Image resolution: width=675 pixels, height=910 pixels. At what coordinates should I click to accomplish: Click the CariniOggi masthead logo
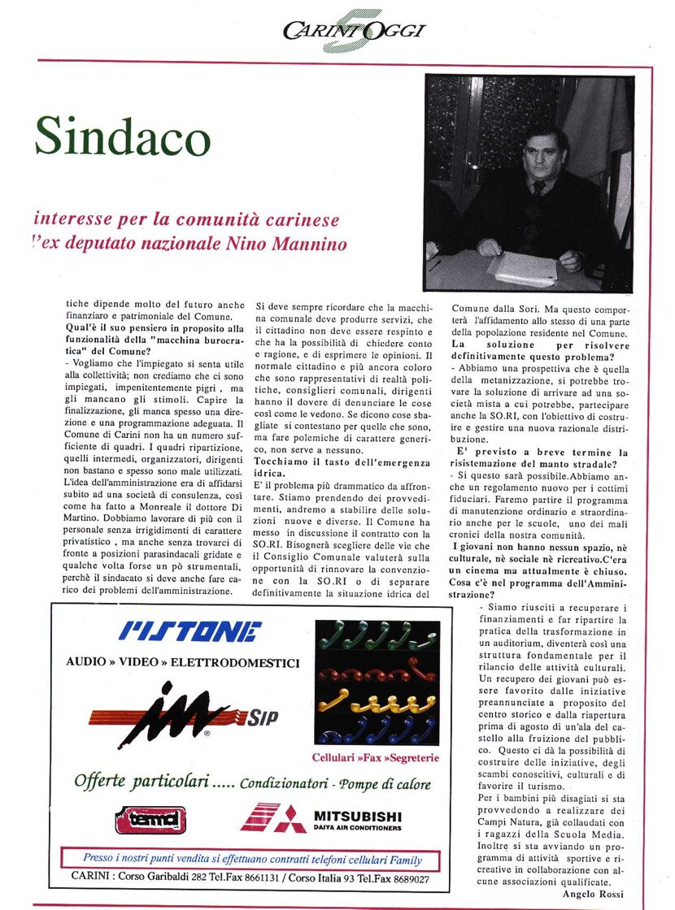coord(355,31)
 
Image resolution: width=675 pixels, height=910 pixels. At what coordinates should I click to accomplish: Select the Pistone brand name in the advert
coord(191,630)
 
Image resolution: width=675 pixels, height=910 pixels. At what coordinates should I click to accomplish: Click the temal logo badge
coord(150,819)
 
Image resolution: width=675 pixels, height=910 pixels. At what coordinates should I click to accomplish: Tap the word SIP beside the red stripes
coord(263,717)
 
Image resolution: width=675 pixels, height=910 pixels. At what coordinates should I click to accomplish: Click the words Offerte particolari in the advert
coord(137,782)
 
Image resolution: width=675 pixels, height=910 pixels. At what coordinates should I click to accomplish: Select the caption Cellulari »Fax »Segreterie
coord(376,758)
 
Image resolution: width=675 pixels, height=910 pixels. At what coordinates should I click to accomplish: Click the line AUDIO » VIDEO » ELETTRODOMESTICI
coord(182,662)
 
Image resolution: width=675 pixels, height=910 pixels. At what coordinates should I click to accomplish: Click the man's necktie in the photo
coord(539,188)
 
